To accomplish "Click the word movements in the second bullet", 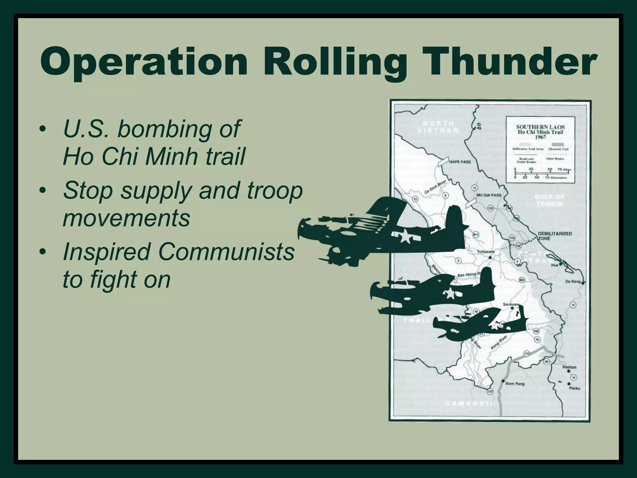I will click(126, 218).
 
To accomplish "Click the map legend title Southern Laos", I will click(540, 127).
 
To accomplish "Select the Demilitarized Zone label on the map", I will click(555, 236).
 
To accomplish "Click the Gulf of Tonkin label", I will click(549, 200).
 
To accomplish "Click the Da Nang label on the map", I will click(573, 282).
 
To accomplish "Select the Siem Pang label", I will click(515, 384).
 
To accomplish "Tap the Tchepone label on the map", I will click(486, 251).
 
